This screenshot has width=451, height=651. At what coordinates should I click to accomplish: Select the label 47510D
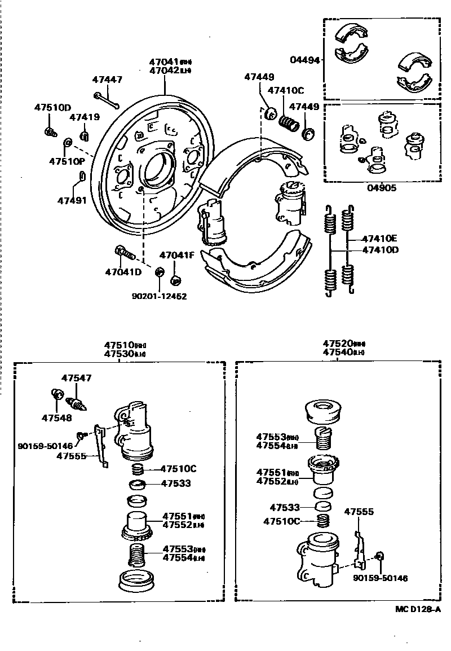[x=52, y=107]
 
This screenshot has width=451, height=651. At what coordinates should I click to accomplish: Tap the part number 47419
[x=85, y=117]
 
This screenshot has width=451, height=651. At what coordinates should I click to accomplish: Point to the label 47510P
[x=67, y=161]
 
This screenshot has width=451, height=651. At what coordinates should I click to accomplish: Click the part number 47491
[x=72, y=200]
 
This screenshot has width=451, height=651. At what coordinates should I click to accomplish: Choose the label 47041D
[x=123, y=272]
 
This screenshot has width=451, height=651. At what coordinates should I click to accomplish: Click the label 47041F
[x=176, y=255]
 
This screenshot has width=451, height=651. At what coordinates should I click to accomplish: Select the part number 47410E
[x=380, y=239]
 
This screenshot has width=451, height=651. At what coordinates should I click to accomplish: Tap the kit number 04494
[x=305, y=59]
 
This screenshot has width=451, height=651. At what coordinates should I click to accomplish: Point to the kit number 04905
[x=382, y=188]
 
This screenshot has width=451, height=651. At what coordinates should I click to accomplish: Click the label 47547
[x=76, y=378]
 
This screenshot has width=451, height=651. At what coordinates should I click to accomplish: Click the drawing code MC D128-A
[x=418, y=610]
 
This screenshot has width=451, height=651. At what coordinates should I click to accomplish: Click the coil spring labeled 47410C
[x=289, y=122]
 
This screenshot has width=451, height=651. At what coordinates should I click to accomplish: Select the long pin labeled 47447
[x=107, y=100]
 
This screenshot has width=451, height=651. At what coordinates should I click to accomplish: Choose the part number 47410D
[x=380, y=249]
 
